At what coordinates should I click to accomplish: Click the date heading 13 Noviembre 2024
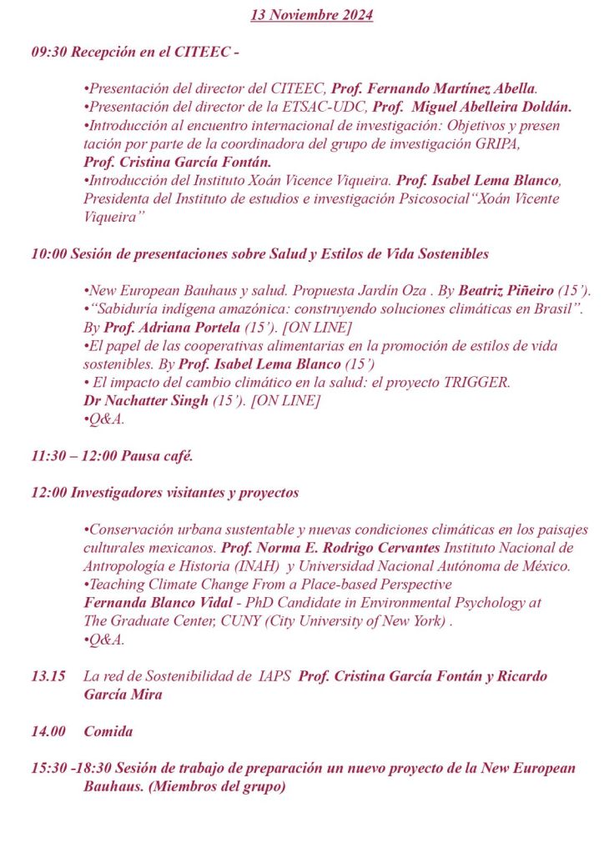click(x=312, y=15)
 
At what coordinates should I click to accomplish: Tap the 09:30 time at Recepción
click(x=49, y=52)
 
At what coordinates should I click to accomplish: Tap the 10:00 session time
click(x=49, y=253)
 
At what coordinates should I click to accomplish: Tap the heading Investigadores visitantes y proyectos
click(x=184, y=493)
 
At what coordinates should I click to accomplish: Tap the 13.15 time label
click(x=48, y=676)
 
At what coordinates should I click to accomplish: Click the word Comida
click(x=108, y=731)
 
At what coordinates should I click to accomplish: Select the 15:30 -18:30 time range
click(x=70, y=768)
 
